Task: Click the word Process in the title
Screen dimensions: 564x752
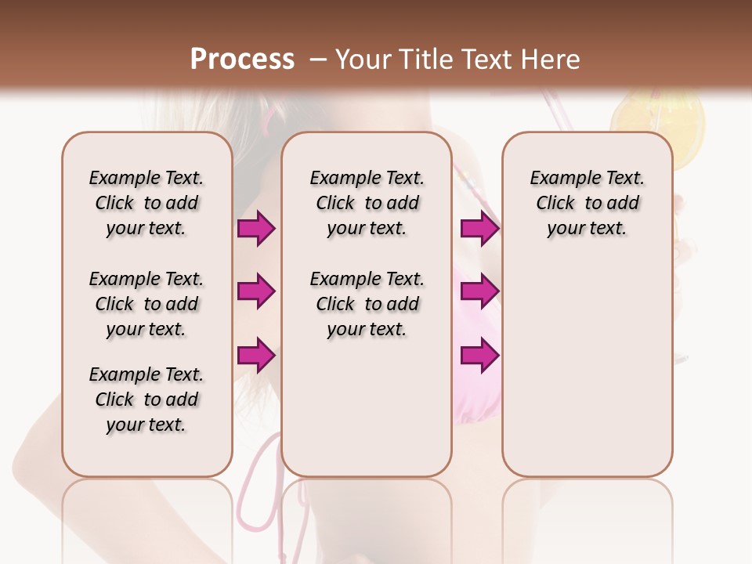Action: tap(242, 59)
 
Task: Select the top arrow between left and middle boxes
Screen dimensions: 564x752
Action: tap(256, 228)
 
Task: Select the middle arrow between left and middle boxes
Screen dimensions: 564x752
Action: tap(256, 291)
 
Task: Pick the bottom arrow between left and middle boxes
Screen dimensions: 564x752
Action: tap(256, 356)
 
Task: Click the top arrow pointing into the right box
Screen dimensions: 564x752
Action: tap(479, 228)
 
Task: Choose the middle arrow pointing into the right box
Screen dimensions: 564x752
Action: tap(479, 291)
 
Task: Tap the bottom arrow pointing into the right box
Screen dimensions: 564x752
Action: tap(479, 356)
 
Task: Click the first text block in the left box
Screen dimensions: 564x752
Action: tap(146, 203)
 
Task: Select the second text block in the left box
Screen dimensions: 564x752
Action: tap(146, 304)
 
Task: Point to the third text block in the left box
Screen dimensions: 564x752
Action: tap(146, 399)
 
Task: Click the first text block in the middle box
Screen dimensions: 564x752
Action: tap(367, 203)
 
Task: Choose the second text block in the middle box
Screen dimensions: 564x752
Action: tap(367, 304)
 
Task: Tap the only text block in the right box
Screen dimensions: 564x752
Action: tap(587, 203)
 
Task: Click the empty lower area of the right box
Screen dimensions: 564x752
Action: tap(587, 376)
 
